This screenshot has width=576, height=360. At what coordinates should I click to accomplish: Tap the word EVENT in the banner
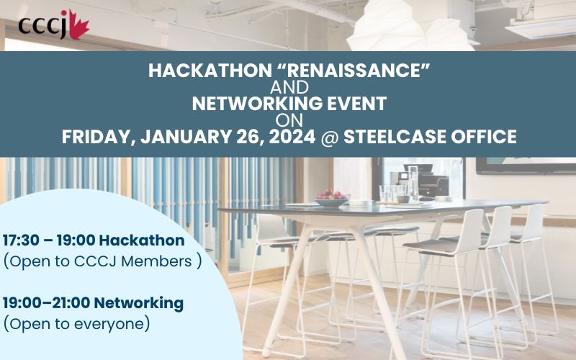click(353, 104)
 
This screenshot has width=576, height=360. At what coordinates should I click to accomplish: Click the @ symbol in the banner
click(328, 136)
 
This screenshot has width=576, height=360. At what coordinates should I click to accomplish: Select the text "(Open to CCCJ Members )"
click(102, 261)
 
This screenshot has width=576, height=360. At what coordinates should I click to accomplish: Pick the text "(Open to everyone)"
click(76, 324)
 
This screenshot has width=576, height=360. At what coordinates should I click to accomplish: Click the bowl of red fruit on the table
click(332, 197)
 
